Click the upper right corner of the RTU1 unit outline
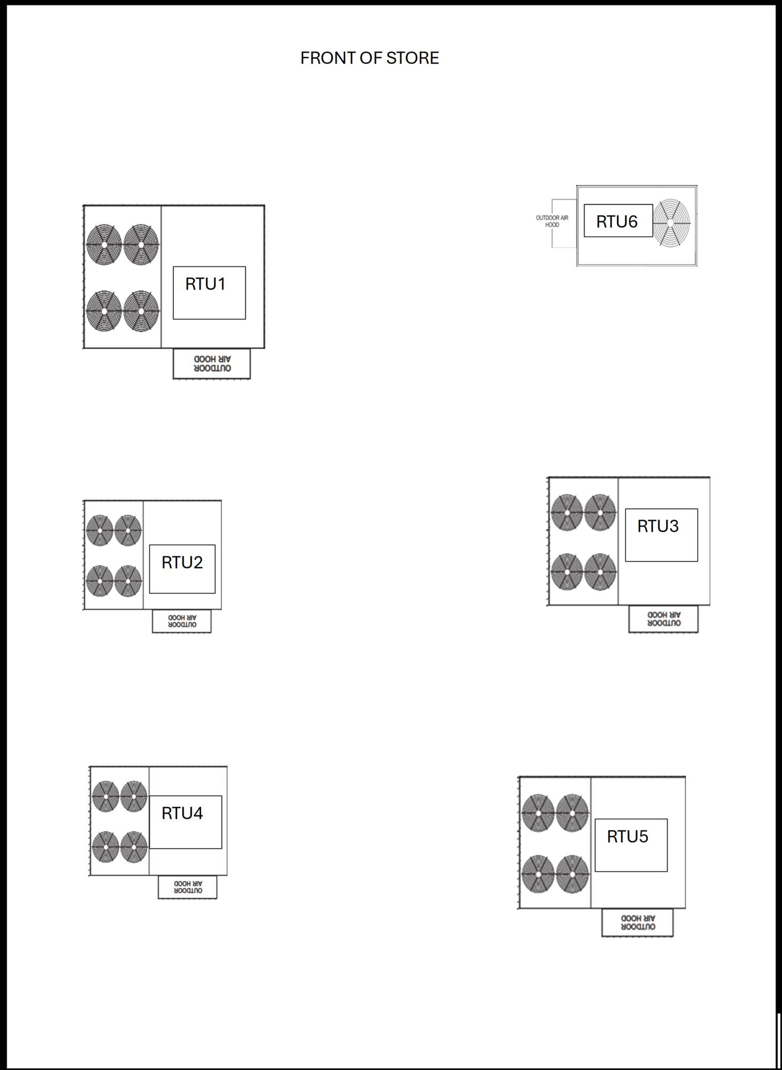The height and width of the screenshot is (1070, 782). [x=264, y=205]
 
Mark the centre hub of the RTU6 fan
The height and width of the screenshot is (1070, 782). [x=671, y=223]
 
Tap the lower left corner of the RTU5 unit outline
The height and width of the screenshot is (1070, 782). [x=519, y=908]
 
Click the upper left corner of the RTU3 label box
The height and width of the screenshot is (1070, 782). [x=625, y=509]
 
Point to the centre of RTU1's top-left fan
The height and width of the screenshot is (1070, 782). [x=104, y=244]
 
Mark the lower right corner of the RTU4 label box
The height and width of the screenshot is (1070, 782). [x=221, y=848]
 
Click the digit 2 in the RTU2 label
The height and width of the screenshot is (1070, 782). [x=197, y=562]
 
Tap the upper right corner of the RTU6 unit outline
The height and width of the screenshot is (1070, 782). [x=696, y=186]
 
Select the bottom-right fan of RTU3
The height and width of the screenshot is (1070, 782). [x=600, y=572]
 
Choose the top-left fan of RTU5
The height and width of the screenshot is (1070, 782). [x=538, y=813]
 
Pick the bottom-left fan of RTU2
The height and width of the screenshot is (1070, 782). [x=99, y=580]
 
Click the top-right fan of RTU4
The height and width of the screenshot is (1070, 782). [x=134, y=796]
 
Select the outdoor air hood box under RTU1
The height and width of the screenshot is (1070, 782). [x=212, y=364]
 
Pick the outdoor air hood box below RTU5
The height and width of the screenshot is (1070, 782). [x=638, y=922]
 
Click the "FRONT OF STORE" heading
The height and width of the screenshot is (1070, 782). [x=370, y=58]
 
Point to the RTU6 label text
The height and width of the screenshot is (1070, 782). [x=617, y=221]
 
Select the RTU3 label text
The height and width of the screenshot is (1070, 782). [x=658, y=526]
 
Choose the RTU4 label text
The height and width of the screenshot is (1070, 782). [x=182, y=813]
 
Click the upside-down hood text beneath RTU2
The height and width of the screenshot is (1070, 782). [x=182, y=621]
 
